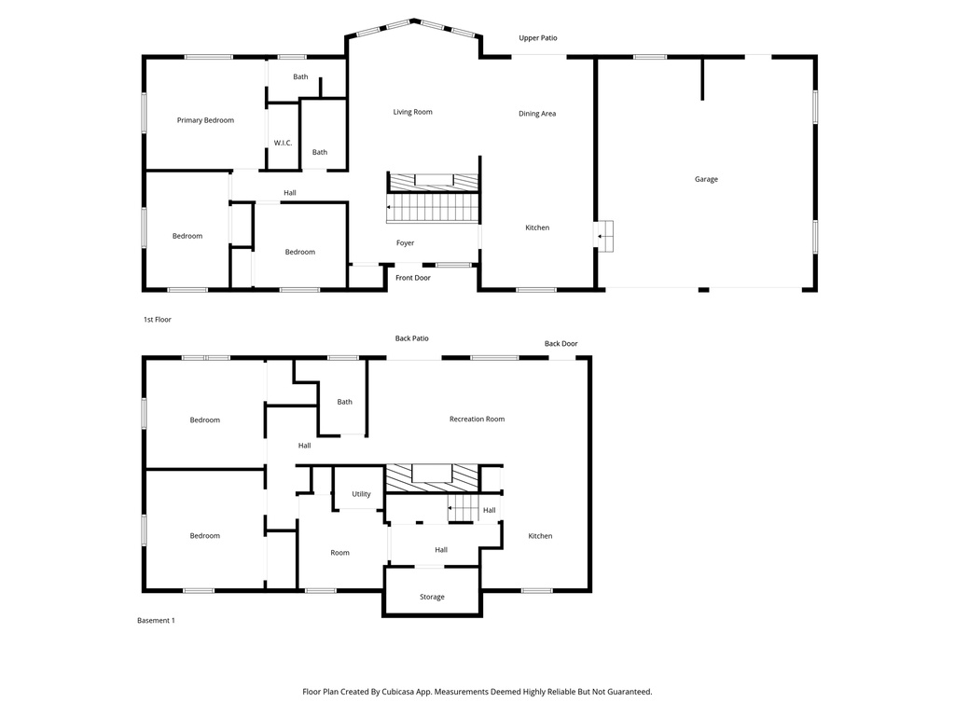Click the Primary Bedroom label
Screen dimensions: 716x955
tap(205, 120)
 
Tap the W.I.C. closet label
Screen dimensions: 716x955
tap(283, 143)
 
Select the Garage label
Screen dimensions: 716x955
tap(706, 179)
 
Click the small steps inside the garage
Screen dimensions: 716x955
tap(605, 236)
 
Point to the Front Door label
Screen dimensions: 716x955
tap(412, 278)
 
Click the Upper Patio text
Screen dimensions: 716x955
tap(538, 38)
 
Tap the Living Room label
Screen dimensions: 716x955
tap(412, 112)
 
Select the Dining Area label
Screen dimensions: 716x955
tap(537, 114)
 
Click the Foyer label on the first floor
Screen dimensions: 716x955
tap(405, 243)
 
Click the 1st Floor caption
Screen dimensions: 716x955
tap(157, 320)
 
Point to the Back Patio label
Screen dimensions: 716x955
tap(411, 338)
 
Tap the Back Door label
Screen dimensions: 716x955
tap(561, 344)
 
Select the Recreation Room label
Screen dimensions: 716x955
tap(477, 420)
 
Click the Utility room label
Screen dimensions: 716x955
tap(361, 494)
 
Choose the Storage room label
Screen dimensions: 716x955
tap(432, 597)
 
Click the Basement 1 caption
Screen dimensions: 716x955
tap(156, 621)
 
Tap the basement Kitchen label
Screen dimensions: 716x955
tap(540, 536)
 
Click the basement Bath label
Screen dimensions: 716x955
tap(345, 402)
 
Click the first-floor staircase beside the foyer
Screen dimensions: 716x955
tap(434, 208)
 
